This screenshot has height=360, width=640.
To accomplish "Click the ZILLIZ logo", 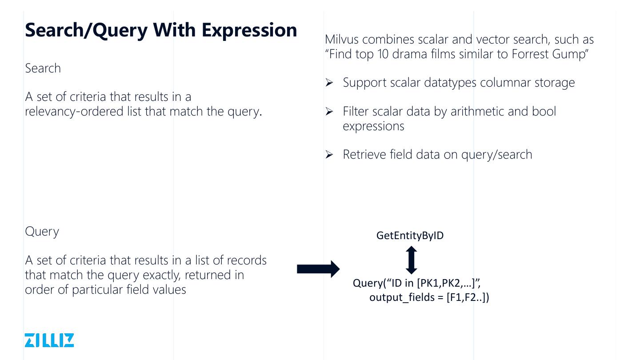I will pos(49,340).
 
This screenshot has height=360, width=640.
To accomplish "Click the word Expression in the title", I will pos(249,30).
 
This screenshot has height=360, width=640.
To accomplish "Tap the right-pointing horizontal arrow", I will pos(318,269).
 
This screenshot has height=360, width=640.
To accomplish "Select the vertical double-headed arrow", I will pos(412,260).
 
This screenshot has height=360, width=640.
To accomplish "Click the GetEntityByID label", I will pos(410,236).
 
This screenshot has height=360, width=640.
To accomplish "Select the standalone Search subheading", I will pos(43,68).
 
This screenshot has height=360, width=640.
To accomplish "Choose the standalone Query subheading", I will pos(42,232).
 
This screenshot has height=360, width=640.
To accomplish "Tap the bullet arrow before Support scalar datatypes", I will pos(329,83).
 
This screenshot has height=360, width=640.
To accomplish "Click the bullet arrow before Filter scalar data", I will pos(329,112).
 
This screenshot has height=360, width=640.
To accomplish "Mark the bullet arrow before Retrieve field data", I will pos(329,155).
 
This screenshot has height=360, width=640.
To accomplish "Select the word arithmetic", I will pos(477,111).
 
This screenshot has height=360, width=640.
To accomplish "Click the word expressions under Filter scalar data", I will pos(373,126).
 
